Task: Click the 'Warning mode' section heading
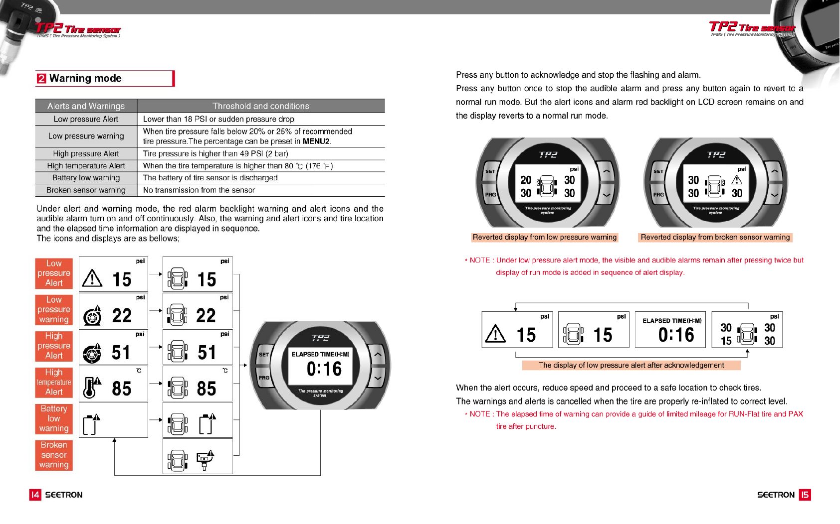tap(85, 79)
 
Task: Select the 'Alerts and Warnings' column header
tap(86, 106)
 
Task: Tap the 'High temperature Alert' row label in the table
tap(86, 166)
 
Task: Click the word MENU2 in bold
tap(316, 141)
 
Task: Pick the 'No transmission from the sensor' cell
tap(199, 190)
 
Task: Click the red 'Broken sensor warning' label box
tap(54, 455)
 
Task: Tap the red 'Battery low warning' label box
tap(54, 418)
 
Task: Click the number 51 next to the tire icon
tap(121, 353)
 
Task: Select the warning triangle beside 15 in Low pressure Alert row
tap(92, 278)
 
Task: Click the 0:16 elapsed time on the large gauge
tap(324, 369)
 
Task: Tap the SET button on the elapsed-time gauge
tap(264, 355)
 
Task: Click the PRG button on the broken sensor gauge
tap(658, 195)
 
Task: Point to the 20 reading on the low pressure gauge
tap(526, 180)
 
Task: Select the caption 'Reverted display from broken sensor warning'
tap(715, 238)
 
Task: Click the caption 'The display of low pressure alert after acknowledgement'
tap(631, 366)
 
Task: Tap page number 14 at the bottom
tap(35, 495)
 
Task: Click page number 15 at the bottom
tap(805, 495)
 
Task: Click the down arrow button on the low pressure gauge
tap(606, 195)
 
